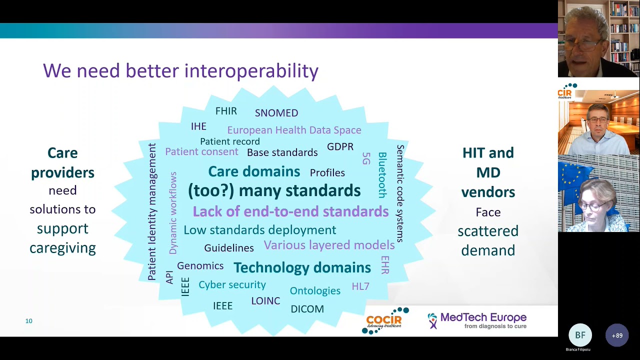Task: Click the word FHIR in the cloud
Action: (226, 111)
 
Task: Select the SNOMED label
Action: (276, 113)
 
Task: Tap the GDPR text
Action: (340, 146)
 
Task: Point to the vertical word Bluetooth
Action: (382, 175)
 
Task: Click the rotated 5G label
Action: (365, 158)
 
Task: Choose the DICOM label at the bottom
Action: (307, 309)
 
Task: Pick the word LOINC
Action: (265, 301)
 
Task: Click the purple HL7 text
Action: (360, 286)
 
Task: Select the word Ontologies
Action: (315, 290)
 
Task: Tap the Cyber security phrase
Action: (232, 284)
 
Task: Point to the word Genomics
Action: (200, 266)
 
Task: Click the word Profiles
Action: (327, 173)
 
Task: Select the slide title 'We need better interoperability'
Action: (180, 70)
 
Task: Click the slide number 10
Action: (29, 321)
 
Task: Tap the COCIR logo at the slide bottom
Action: (384, 320)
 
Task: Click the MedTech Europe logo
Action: (477, 320)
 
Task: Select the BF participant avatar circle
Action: (580, 335)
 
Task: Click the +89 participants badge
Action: (617, 335)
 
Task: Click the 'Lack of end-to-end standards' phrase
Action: (290, 211)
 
